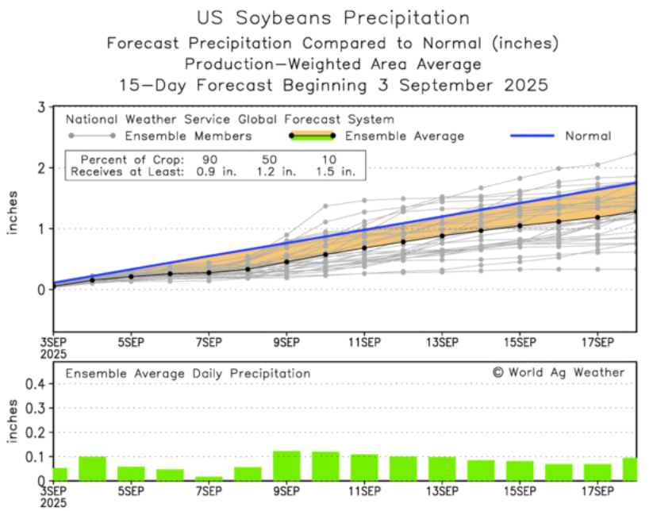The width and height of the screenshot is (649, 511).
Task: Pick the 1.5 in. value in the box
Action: [x=335, y=171]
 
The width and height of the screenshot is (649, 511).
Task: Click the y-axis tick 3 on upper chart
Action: [x=39, y=106]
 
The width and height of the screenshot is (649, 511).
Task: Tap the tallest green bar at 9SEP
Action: [x=286, y=466]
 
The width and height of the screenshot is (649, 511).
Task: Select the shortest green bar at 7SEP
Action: [x=209, y=478]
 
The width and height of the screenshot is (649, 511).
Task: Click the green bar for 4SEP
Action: [x=92, y=468]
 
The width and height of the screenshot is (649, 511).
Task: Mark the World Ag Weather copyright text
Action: [x=558, y=372]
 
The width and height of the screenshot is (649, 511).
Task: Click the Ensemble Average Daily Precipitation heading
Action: [x=187, y=373]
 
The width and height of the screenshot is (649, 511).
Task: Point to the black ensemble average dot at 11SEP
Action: [x=364, y=248]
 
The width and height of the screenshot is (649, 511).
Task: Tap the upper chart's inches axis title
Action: [x=13, y=214]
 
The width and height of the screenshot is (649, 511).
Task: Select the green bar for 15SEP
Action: [x=519, y=471]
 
